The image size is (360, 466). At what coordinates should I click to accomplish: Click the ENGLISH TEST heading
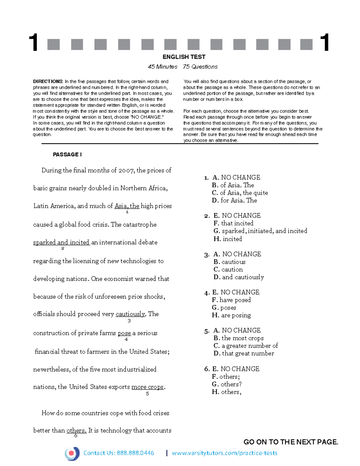pyautogui.click(x=184, y=57)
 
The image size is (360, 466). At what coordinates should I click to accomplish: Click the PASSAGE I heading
pyautogui.click(x=67, y=155)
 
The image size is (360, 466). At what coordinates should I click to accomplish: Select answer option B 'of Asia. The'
pyautogui.click(x=233, y=185)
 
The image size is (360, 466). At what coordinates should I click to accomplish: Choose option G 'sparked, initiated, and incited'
pyautogui.click(x=260, y=231)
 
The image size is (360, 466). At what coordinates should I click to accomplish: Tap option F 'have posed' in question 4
pyautogui.click(x=231, y=300)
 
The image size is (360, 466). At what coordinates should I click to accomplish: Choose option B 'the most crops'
pyautogui.click(x=238, y=338)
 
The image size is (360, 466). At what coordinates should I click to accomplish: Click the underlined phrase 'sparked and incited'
pyautogui.click(x=61, y=242)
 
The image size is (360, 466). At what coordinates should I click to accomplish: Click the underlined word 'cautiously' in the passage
pyautogui.click(x=130, y=314)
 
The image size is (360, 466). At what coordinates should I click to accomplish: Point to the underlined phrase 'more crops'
pyautogui.click(x=148, y=387)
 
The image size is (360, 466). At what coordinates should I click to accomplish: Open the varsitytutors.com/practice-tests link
pyautogui.click(x=224, y=453)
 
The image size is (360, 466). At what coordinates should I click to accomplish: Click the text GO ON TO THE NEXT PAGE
pyautogui.click(x=291, y=442)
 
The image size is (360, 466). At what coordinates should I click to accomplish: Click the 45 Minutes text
pyautogui.click(x=163, y=67)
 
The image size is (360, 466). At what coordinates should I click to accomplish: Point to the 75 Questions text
pyautogui.click(x=200, y=67)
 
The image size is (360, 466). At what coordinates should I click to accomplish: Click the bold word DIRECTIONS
pyautogui.click(x=48, y=81)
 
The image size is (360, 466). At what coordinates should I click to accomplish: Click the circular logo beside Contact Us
pyautogui.click(x=72, y=453)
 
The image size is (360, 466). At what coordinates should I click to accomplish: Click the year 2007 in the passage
pyautogui.click(x=126, y=170)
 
